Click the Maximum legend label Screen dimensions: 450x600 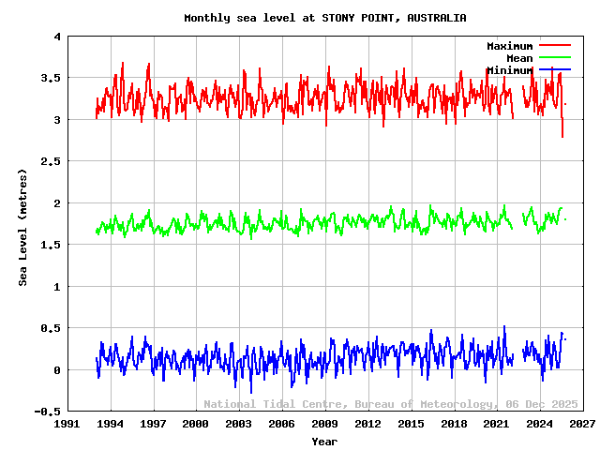coord(509,46)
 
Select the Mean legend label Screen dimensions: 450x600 coord(519,58)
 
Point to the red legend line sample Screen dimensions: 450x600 coord(554,45)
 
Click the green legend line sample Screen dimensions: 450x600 coord(554,57)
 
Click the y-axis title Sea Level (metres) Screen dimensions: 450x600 coord(23,224)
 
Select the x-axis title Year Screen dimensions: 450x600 coord(324,441)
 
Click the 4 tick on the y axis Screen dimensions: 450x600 coord(57,37)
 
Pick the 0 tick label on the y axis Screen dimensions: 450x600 coord(57,370)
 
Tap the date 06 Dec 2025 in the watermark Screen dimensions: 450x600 coord(539,404)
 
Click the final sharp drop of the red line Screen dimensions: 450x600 coord(562,127)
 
